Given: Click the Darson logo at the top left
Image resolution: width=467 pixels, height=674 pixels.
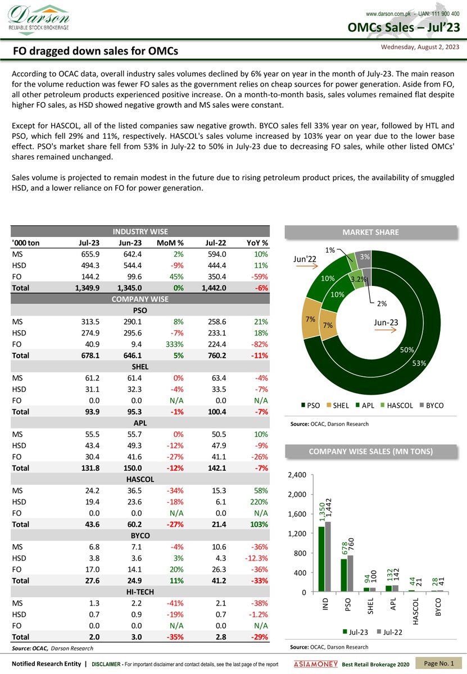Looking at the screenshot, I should (38, 18).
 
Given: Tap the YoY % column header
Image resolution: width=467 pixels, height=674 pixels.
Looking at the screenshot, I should (257, 243).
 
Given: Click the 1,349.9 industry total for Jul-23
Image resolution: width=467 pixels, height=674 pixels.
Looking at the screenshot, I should (87, 288).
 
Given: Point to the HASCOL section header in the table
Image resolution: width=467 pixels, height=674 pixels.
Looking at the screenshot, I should (140, 479).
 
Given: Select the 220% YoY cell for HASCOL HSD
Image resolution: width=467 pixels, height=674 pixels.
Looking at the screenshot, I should (257, 502).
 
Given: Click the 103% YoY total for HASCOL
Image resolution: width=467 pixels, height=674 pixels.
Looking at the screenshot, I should (257, 524).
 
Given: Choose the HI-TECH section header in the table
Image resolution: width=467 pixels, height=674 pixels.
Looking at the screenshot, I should (140, 591).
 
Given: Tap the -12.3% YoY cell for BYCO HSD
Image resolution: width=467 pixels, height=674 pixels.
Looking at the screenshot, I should (256, 558).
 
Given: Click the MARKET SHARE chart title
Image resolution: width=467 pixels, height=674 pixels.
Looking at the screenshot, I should (370, 232).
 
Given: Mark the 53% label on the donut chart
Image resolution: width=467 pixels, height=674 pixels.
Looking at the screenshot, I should (419, 363).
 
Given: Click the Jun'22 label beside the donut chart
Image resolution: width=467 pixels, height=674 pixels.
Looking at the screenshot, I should (305, 259).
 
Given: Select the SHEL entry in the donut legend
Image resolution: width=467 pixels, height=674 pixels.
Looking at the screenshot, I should (337, 406).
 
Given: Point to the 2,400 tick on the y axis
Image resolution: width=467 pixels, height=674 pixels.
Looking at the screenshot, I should (297, 475).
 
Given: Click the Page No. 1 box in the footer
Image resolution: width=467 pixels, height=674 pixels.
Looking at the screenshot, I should (438, 664).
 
